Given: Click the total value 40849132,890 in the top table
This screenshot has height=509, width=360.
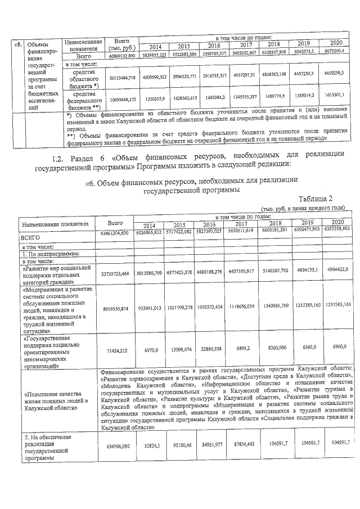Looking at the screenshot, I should [123, 56].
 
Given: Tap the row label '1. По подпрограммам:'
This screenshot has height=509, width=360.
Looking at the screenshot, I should [44, 254].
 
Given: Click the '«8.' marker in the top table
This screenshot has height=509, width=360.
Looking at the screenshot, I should [19, 44].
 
